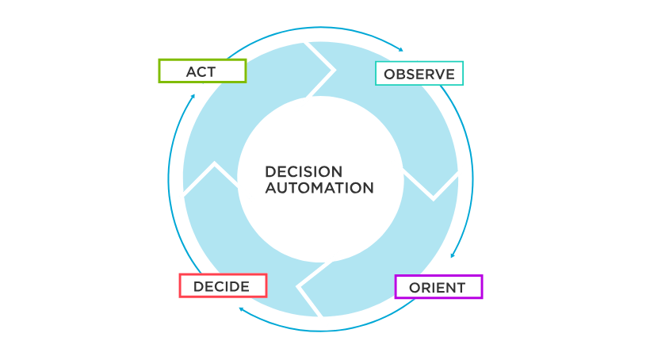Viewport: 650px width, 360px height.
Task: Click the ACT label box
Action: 202,71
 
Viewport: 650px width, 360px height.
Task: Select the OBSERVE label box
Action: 419,74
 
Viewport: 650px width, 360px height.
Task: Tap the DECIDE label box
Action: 223,285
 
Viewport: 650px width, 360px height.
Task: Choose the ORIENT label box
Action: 438,286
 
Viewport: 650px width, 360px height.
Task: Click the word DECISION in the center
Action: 304,172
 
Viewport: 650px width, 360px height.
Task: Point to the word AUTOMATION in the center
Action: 319,189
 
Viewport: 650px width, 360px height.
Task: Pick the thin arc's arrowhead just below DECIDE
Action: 241,312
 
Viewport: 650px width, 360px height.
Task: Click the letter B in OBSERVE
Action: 401,75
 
